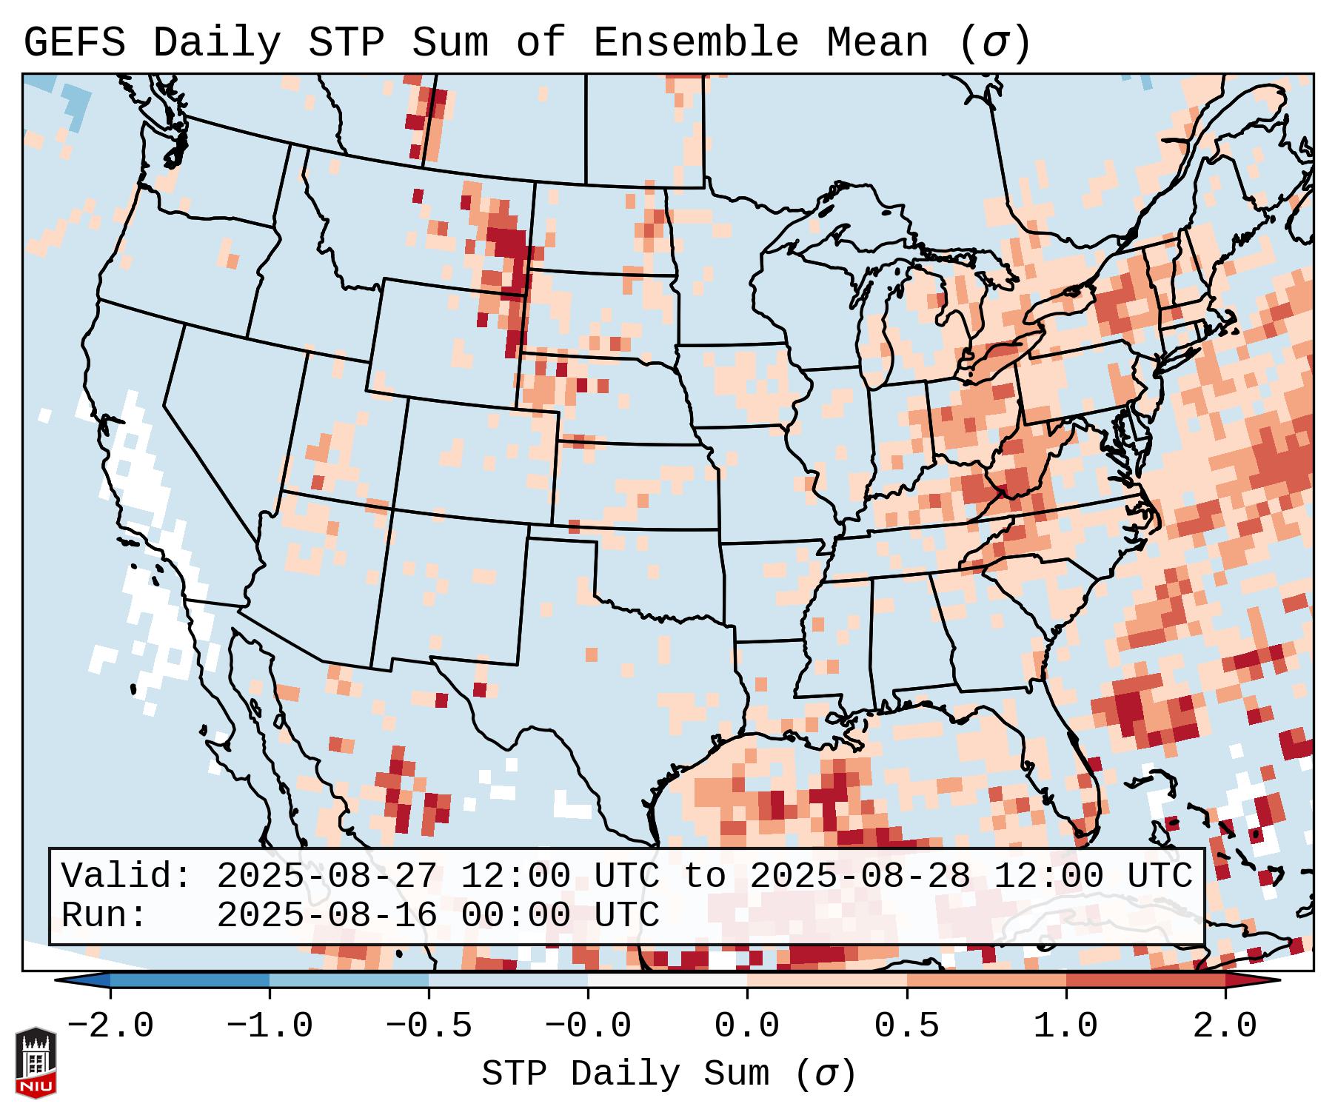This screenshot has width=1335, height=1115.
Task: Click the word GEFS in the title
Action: (x=74, y=43)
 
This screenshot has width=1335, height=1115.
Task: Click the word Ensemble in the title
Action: (x=695, y=43)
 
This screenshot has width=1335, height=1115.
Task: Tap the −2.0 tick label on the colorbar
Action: (x=110, y=1026)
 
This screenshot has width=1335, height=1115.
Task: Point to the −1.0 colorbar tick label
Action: (x=270, y=1026)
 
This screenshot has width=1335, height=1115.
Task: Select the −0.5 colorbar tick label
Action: (x=429, y=1026)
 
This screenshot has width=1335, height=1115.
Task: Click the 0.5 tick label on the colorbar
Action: (x=906, y=1026)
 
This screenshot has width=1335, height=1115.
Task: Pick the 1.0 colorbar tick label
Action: (x=1065, y=1026)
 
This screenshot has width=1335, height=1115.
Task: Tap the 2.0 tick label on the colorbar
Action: (x=1225, y=1026)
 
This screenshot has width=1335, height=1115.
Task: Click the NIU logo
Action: (x=36, y=1063)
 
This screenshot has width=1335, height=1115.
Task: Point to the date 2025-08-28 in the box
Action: (x=860, y=877)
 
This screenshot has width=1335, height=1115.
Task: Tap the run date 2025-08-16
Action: (x=327, y=915)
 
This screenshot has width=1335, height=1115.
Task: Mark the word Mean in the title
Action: (x=877, y=43)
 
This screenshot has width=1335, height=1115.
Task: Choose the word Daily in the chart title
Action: (x=216, y=43)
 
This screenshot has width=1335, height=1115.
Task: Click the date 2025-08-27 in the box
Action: (x=327, y=877)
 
